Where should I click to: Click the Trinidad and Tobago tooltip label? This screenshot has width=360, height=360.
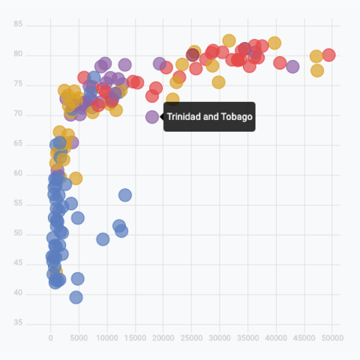(x=210, y=117)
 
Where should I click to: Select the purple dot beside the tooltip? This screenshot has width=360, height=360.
(x=152, y=117)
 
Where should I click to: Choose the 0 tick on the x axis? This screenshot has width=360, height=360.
(x=50, y=338)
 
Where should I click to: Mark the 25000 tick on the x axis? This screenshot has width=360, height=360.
(x=191, y=338)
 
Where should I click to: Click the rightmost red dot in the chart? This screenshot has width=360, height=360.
(x=328, y=55)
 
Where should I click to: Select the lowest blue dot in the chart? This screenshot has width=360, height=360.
(x=76, y=297)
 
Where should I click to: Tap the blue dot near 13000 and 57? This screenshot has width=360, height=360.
(x=124, y=195)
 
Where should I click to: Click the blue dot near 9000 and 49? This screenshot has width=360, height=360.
(x=103, y=239)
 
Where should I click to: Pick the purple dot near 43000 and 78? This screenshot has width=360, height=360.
(x=292, y=67)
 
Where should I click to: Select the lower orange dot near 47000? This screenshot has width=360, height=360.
(x=317, y=70)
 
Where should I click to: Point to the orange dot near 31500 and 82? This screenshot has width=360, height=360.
(x=229, y=40)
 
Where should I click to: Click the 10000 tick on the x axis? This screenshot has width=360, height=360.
(x=106, y=338)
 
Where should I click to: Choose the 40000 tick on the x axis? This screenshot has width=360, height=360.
(x=276, y=338)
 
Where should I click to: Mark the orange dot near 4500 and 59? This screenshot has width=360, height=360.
(x=76, y=178)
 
